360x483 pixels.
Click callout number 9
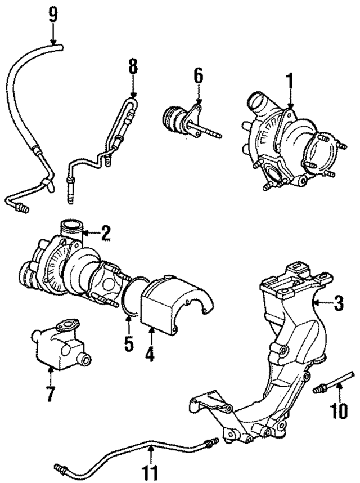tap(52, 14)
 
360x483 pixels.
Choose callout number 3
tap(338, 304)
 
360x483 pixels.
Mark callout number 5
tap(129, 343)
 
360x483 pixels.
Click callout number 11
tap(151, 472)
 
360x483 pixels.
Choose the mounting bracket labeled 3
tap(281, 360)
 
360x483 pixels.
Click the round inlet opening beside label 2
tap(70, 229)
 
